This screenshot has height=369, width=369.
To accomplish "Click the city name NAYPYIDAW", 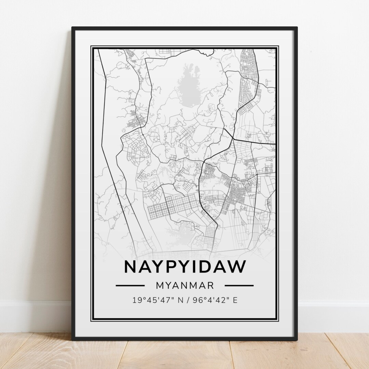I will (185, 267).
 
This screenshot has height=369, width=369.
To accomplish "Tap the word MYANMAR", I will (185, 285).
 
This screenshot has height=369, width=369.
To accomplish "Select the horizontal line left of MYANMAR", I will (130, 285).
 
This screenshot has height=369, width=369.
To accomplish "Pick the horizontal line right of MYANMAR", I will (239, 285).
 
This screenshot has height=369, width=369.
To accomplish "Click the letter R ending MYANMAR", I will (210, 285).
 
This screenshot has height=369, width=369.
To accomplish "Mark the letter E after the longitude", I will (235, 301).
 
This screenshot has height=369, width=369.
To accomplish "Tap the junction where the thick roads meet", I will (232, 139).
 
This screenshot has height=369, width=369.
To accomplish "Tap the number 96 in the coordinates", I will (196, 301).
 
